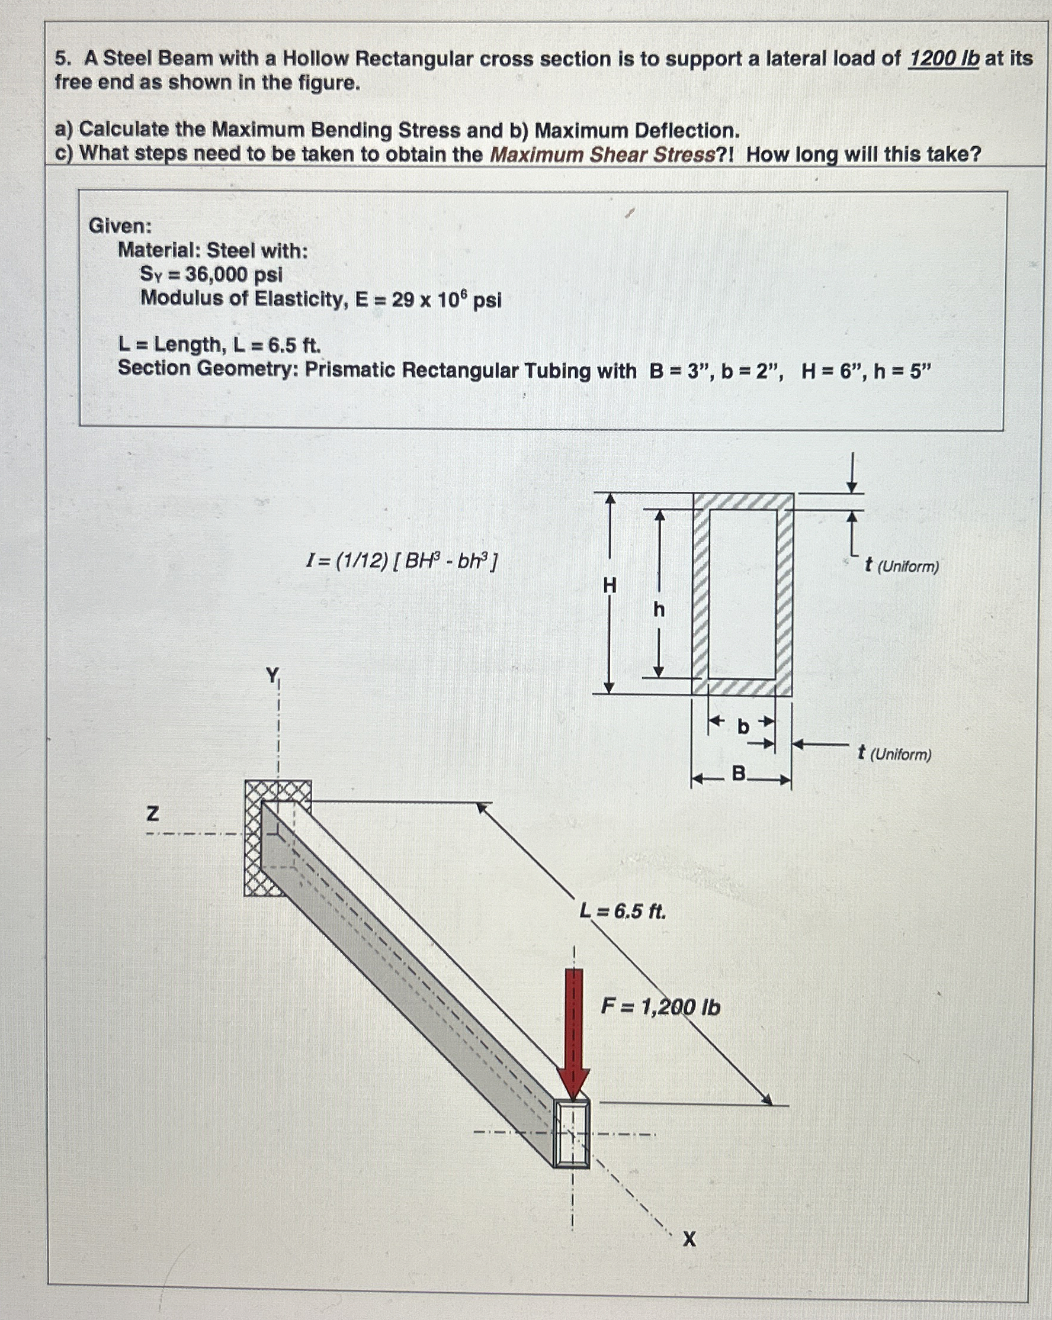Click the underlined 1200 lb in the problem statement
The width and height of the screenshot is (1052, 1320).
pos(943,59)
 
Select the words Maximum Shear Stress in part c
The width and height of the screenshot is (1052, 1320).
pos(602,155)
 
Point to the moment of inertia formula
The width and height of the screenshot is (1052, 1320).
pos(402,560)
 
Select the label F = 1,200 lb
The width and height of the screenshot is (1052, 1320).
pos(660,1006)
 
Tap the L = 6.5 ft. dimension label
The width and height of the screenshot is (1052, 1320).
pos(623,912)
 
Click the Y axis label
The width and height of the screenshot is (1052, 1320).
pos(272,675)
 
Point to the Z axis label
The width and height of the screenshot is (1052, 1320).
pos(153,813)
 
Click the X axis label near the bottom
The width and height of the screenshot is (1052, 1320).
pos(689,1239)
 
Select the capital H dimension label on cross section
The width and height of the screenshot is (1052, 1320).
pos(609,586)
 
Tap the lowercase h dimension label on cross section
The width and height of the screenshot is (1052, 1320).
pos(659,610)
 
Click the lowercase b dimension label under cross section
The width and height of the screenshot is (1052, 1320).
pos(743,727)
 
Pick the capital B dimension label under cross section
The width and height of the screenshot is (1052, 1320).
pos(739,774)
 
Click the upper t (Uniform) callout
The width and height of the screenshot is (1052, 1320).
pos(901,566)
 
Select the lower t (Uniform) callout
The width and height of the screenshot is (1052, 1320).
pos(894,754)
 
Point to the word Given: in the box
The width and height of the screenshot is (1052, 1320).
pos(120,226)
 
